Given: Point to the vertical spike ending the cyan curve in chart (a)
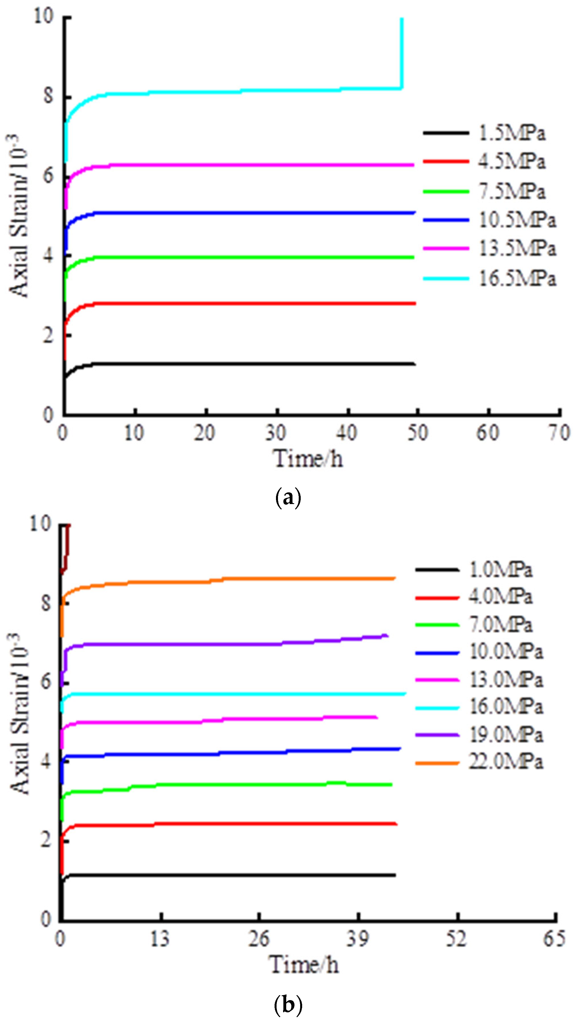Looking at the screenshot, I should (x=402, y=52).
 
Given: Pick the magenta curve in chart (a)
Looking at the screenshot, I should (x=238, y=165).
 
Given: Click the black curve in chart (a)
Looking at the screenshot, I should (x=238, y=363).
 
